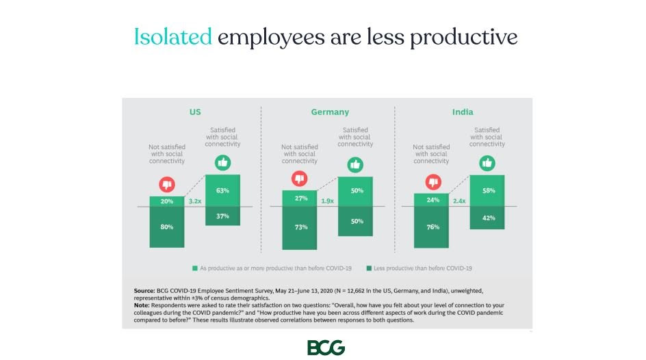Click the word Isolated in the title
(172, 36)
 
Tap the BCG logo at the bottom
(326, 347)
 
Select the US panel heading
(195, 112)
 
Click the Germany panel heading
(330, 112)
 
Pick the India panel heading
(463, 112)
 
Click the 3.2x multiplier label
(195, 202)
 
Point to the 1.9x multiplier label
(327, 202)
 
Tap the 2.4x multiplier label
(459, 202)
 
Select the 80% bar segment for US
(167, 227)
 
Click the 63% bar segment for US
(222, 190)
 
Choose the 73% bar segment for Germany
(300, 227)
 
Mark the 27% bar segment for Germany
(300, 198)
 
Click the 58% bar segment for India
(488, 191)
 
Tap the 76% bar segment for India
(432, 227)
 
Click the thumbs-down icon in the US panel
(167, 185)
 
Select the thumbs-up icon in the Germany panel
(354, 165)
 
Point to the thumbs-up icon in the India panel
(487, 164)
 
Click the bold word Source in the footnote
(144, 291)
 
